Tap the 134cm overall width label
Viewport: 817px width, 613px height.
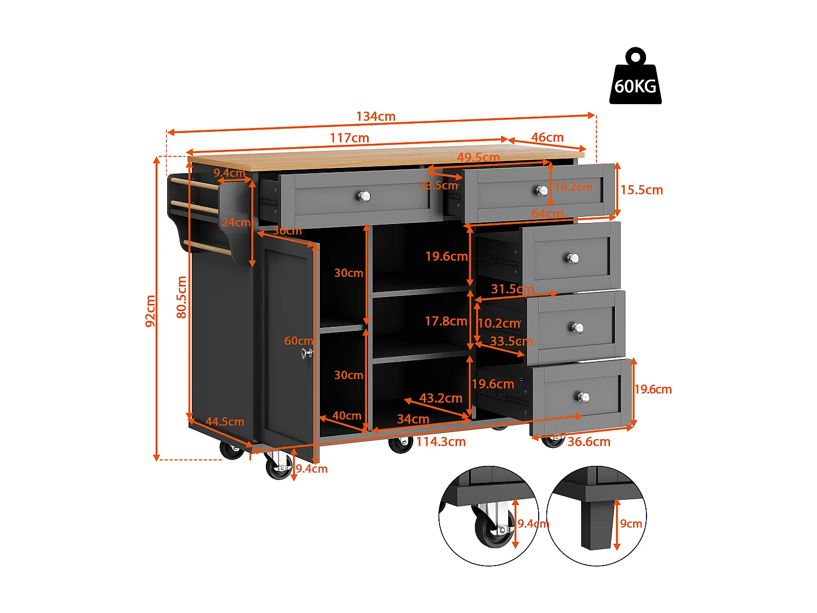[376, 117]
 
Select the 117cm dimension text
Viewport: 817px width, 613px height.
[349, 138]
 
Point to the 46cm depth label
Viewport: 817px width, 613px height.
[547, 137]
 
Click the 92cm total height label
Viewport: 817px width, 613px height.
[151, 311]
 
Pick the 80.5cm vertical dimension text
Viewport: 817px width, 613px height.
[181, 297]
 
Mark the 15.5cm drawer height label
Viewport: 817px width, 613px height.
[642, 190]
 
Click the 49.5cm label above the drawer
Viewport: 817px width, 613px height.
[478, 157]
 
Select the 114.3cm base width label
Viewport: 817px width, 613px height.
[441, 442]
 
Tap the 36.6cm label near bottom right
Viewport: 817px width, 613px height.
[589, 442]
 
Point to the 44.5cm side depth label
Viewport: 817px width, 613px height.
[224, 422]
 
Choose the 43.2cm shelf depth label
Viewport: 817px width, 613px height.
[441, 398]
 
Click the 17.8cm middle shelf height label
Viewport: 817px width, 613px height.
[446, 321]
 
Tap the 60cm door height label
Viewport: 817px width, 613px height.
[298, 341]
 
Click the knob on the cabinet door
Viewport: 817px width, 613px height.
[307, 353]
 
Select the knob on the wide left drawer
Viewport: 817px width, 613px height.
[364, 196]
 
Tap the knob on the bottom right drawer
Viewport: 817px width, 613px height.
[584, 397]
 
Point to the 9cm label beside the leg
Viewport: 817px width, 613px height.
[631, 524]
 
